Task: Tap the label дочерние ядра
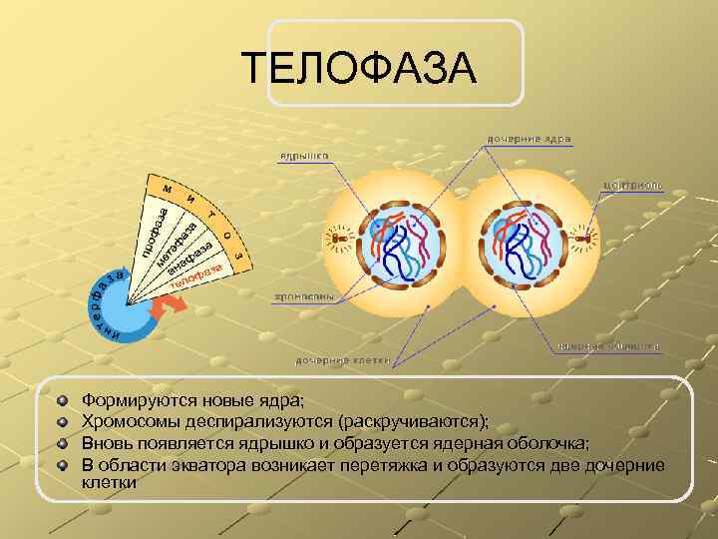click(x=529, y=138)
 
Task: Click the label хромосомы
click(x=303, y=296)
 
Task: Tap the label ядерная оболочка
click(x=607, y=345)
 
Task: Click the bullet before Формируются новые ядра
click(x=63, y=400)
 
